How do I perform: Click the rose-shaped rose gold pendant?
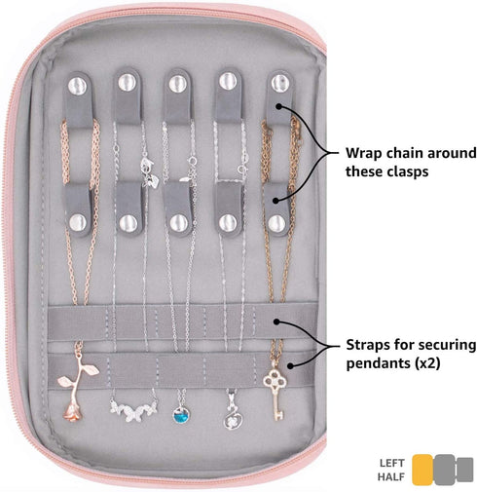[x=77, y=387]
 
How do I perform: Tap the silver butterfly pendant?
[x=133, y=410]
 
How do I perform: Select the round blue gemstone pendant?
[x=181, y=415]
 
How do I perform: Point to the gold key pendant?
[x=275, y=394]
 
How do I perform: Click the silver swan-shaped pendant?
[x=233, y=414]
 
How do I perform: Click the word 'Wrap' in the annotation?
[x=363, y=153]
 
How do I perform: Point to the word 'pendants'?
[x=379, y=363]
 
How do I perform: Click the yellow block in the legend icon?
[x=422, y=470]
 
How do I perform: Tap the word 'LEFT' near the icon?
[x=391, y=463]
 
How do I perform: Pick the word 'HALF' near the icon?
[x=391, y=476]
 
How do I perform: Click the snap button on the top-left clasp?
[x=77, y=85]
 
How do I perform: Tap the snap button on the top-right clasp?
[x=280, y=84]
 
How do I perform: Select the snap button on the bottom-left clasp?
[x=78, y=222]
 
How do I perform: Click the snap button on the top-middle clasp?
[x=178, y=84]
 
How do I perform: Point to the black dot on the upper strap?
[x=276, y=322]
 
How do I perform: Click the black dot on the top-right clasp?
[x=278, y=106]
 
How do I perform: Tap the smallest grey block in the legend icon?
[x=465, y=470]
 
